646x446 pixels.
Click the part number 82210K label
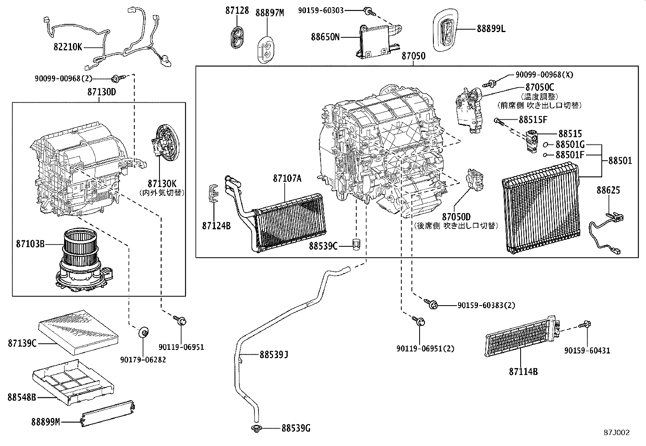tap(68, 47)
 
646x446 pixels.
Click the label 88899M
tap(45, 422)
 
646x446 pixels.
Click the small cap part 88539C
tap(357, 245)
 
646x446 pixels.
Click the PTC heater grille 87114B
tap(521, 336)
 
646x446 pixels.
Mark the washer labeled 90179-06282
tap(143, 332)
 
